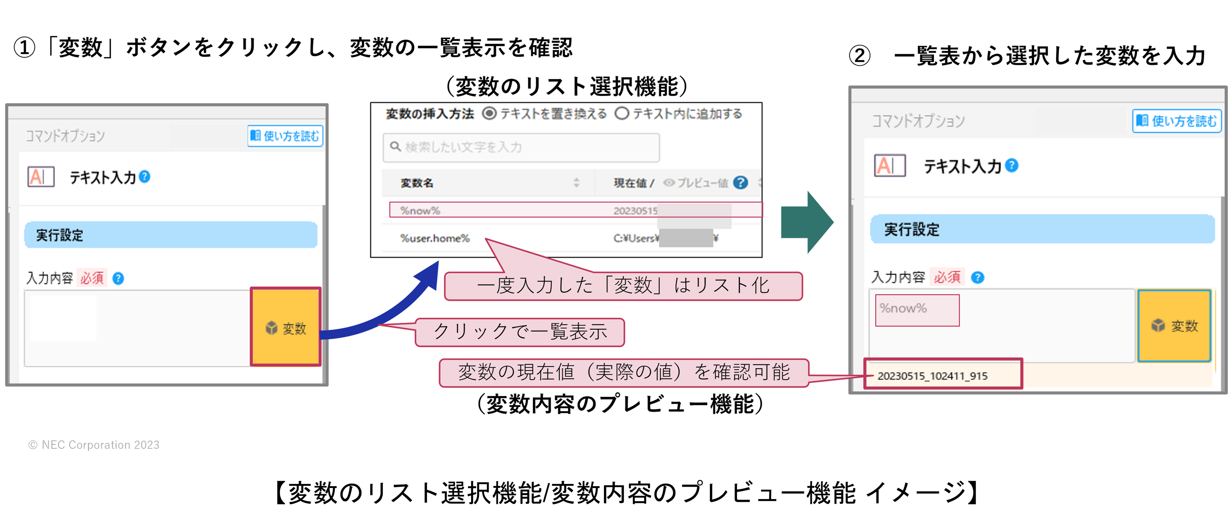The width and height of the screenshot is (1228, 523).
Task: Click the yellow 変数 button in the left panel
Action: (x=286, y=327)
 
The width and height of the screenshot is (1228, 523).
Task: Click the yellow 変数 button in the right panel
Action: (x=1174, y=326)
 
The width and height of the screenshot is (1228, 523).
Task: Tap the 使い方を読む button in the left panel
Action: (x=285, y=136)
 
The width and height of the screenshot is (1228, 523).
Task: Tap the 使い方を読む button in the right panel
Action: (x=1176, y=121)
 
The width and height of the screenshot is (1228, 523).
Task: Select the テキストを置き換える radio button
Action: (x=489, y=113)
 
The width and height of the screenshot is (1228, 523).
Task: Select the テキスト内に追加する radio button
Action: (x=621, y=113)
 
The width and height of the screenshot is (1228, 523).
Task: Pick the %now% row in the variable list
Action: (x=575, y=210)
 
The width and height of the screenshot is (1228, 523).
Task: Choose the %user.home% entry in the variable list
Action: (x=435, y=238)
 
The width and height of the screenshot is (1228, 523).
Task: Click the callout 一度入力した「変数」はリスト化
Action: (x=623, y=286)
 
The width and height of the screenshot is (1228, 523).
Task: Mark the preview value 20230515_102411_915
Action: (x=932, y=375)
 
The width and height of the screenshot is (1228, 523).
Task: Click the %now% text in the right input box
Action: (x=903, y=309)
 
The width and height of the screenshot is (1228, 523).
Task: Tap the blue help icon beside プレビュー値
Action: (x=740, y=183)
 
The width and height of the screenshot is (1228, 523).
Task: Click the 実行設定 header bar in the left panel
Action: (x=171, y=235)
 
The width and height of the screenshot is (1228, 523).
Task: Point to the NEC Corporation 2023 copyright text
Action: (x=94, y=445)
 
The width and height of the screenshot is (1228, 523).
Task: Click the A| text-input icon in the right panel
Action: (x=890, y=165)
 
